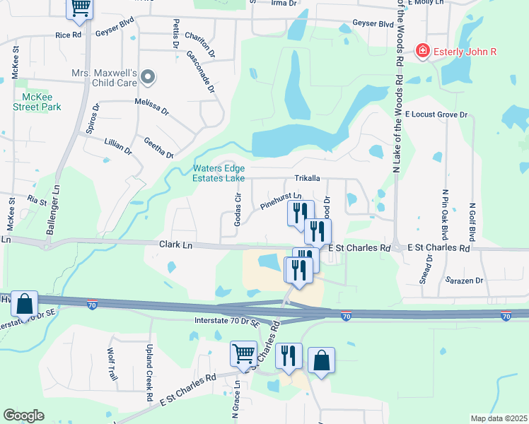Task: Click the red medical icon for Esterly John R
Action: tap(422, 51)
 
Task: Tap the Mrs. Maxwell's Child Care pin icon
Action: tap(148, 76)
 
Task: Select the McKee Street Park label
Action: tap(37, 102)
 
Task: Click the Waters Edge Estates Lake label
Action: tap(219, 173)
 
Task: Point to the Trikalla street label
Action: tap(308, 179)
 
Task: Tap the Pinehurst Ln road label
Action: tap(281, 201)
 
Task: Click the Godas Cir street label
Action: tap(238, 209)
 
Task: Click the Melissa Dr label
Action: tap(152, 107)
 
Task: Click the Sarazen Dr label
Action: tap(464, 281)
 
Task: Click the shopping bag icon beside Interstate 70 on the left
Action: tap(24, 303)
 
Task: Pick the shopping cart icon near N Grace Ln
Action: tap(243, 353)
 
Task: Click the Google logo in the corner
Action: tap(24, 416)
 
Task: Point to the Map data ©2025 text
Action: tap(498, 418)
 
